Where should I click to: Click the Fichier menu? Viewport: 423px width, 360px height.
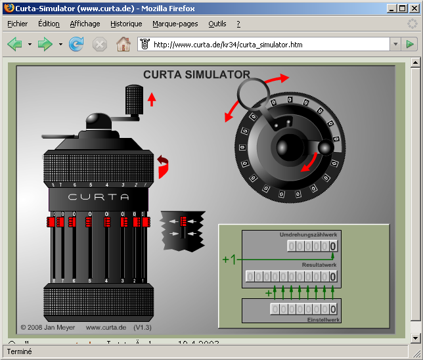(17, 24)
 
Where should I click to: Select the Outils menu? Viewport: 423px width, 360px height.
(217, 24)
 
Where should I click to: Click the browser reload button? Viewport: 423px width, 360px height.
(77, 44)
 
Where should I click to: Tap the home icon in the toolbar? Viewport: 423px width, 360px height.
(123, 44)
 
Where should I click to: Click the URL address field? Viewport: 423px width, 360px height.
(269, 45)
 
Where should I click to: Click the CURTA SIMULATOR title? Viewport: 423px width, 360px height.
(196, 75)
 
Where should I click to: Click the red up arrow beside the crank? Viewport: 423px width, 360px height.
(152, 99)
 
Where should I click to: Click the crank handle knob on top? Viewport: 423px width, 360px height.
(135, 101)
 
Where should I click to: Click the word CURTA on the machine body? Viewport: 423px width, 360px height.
(99, 197)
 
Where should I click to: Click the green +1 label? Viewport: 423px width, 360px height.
(229, 259)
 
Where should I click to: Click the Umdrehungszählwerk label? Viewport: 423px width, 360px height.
(309, 235)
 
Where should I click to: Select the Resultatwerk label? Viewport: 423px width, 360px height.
(319, 265)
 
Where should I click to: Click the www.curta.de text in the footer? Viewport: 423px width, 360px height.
(106, 326)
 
